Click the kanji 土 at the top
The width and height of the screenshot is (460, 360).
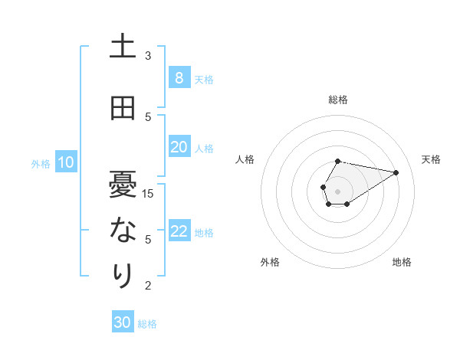(123, 47)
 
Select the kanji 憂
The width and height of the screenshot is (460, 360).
(123, 185)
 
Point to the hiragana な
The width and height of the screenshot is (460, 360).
(123, 230)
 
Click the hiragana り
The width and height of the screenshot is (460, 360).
(123, 274)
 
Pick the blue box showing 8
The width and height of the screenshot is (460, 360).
(179, 77)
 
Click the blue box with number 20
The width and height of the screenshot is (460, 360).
(179, 146)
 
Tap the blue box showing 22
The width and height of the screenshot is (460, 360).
(179, 231)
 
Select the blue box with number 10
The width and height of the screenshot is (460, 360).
(65, 162)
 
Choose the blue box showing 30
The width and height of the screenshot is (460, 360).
(122, 322)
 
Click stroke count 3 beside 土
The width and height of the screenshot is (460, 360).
(148, 56)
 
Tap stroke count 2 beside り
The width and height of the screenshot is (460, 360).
(148, 286)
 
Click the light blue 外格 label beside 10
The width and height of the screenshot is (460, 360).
(41, 163)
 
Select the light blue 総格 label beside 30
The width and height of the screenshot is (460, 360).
(147, 324)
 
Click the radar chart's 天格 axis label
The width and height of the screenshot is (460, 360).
(431, 159)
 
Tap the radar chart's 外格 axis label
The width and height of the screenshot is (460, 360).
(270, 262)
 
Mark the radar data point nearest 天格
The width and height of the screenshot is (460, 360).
(396, 172)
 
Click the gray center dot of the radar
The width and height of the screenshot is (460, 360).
(337, 190)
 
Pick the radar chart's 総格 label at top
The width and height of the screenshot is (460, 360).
(337, 100)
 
